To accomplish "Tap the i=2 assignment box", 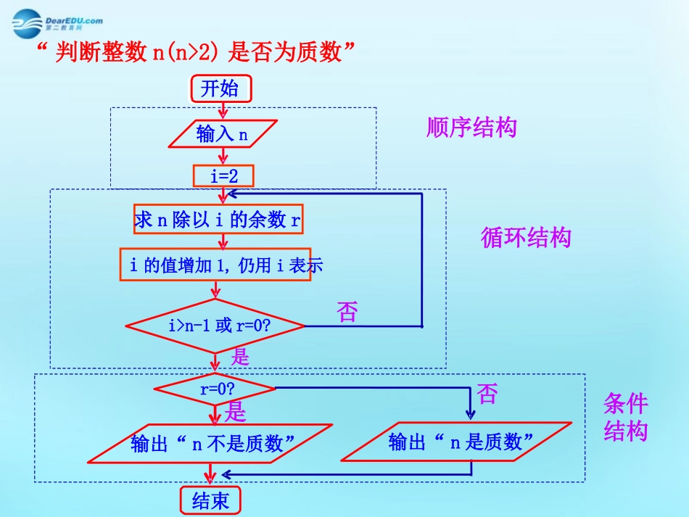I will point(223,175).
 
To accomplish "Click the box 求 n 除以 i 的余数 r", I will point(218,220).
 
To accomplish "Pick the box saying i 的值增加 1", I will point(215,265).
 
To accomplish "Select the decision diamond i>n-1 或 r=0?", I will point(215,326).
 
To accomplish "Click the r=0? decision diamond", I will point(215,389).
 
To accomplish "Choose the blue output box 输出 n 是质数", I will point(456,442).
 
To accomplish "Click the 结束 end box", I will point(210,500).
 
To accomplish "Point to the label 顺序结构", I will point(471,128).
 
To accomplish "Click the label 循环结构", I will point(526,237).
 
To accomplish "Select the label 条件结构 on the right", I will point(625,418).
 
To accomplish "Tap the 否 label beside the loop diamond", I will point(348,313).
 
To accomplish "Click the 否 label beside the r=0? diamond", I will point(488,394).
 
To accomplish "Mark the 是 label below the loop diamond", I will point(240,357).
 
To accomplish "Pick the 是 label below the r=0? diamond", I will point(236,413).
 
